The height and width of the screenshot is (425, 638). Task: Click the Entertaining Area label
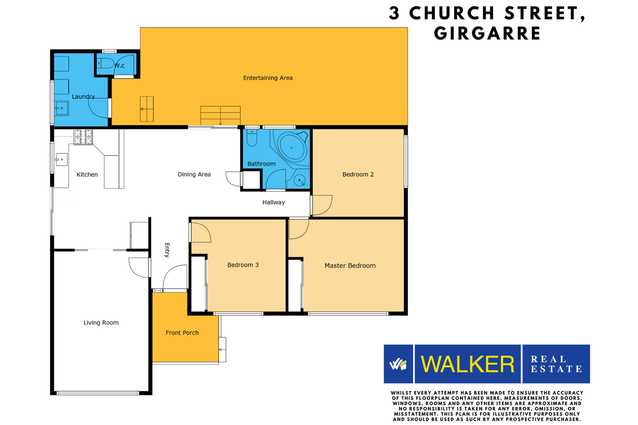268,78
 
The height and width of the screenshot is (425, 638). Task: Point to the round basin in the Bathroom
300,180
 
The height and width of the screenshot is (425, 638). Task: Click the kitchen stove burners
83,137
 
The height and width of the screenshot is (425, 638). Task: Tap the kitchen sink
61,158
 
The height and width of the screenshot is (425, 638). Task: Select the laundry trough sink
60,109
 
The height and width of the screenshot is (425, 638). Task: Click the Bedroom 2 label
358,174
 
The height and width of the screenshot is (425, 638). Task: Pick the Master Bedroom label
350,266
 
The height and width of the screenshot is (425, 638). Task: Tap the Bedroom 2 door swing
322,205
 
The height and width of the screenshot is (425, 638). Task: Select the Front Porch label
182,333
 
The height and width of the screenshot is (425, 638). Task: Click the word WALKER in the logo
467,364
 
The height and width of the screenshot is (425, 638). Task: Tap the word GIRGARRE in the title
487,33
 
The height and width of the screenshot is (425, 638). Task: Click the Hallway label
273,202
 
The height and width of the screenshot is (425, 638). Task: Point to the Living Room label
101,322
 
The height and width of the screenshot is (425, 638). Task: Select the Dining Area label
194,174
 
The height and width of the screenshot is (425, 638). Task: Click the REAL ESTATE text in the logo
556,364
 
